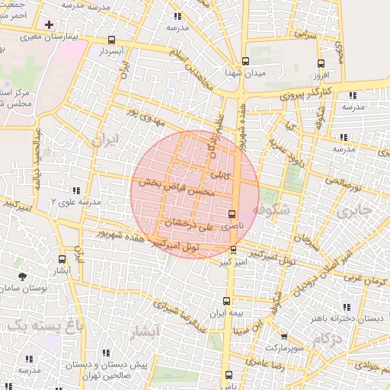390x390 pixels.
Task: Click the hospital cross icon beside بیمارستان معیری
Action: tap(50, 24)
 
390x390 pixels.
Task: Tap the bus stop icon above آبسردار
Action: tap(112, 40)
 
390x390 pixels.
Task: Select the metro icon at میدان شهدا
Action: tap(245, 62)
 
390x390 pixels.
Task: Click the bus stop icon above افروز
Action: tap(321, 64)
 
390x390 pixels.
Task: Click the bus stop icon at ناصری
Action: tap(232, 214)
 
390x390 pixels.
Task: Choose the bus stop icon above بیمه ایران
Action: tap(225, 301)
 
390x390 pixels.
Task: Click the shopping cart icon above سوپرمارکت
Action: tap(283, 336)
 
